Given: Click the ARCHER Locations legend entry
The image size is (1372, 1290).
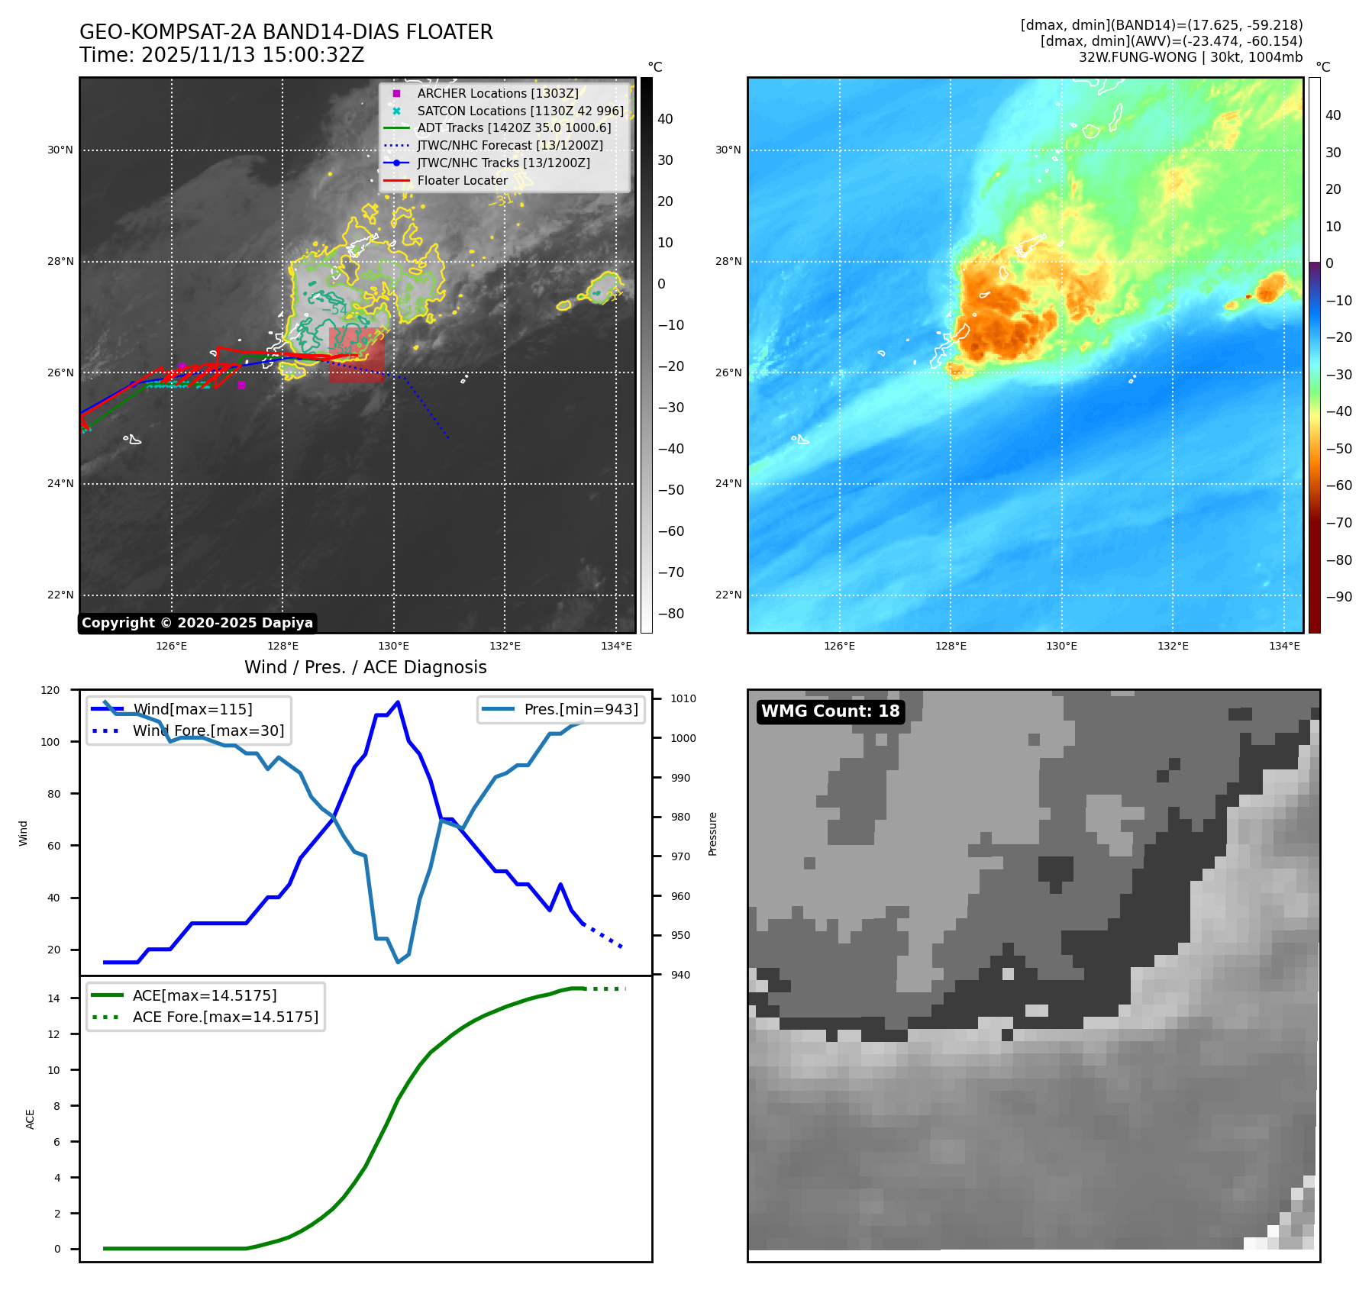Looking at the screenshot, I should click(497, 93).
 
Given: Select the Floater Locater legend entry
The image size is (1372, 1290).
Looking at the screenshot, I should click(462, 180).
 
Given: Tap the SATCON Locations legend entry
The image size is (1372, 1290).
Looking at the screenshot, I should click(520, 111).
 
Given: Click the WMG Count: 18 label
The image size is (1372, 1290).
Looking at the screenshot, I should click(830, 711).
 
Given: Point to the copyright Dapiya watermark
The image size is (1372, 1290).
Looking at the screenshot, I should click(197, 623).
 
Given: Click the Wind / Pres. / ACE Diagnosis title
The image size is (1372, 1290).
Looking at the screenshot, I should click(365, 667).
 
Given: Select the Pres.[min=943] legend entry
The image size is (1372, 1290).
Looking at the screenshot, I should click(580, 709).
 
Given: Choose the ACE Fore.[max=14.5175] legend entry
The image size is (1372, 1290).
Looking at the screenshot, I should click(225, 1017).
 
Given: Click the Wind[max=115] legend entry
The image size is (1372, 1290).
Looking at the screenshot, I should click(192, 709).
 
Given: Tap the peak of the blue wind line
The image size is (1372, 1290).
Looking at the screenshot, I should click(398, 702).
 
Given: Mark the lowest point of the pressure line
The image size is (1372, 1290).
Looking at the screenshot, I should click(398, 962).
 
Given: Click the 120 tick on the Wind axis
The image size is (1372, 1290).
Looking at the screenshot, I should click(50, 690).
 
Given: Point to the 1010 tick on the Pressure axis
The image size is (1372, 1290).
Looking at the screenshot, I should click(683, 698).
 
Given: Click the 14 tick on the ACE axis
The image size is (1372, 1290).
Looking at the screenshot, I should click(53, 998).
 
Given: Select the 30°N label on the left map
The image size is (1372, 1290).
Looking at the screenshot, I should click(60, 150).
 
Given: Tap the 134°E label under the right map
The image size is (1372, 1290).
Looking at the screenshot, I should click(1284, 646).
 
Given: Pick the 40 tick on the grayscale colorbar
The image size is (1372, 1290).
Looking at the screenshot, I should click(665, 119).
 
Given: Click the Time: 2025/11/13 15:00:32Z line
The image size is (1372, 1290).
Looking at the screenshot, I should click(221, 55).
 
